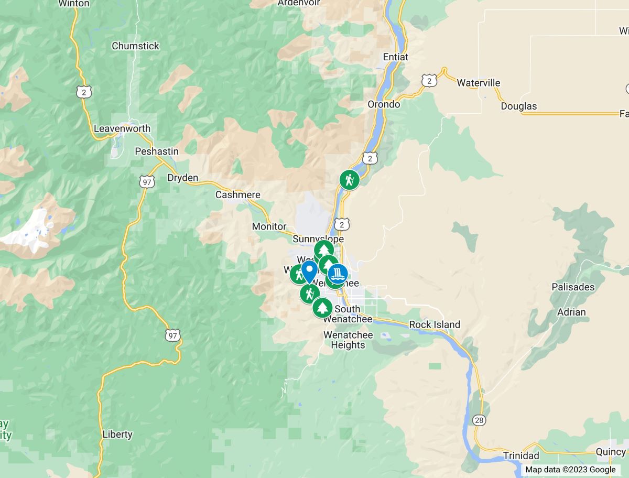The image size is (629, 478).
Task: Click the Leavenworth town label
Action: click(122, 128)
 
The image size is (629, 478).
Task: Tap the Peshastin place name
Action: click(157, 151)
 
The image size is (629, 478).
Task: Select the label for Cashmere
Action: click(238, 195)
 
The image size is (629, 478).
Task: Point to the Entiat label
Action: click(396, 57)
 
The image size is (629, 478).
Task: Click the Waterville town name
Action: click(479, 83)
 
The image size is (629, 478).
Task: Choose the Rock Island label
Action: click(435, 324)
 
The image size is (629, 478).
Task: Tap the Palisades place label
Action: click(573, 287)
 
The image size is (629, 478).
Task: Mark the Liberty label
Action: click(118, 434)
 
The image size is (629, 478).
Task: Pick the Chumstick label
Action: click(135, 46)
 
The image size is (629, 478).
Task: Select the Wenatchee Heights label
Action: click(348, 340)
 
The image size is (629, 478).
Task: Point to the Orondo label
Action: click(384, 104)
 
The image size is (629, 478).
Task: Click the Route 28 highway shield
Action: click(479, 420)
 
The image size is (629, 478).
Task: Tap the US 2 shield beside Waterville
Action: click(429, 80)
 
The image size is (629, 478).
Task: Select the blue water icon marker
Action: click(338, 273)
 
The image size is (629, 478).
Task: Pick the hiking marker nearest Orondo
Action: click(349, 180)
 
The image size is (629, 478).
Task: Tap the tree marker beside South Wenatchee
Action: click(322, 308)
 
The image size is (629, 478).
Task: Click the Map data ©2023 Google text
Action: click(570, 470)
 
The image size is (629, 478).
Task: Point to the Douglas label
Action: click(519, 106)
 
